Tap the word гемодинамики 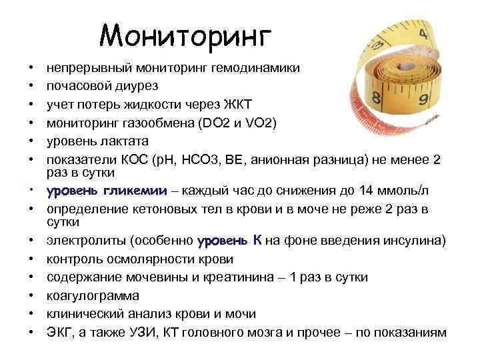pyautogui.click(x=261, y=68)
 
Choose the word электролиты pyautogui.click(x=84, y=240)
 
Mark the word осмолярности pyautogui.click(x=158, y=259)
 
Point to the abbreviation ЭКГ pyautogui.click(x=58, y=333)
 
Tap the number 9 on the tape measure pyautogui.click(x=421, y=101)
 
